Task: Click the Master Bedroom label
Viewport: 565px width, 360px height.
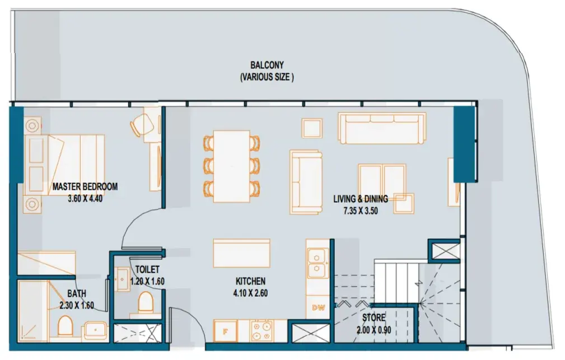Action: point(85,186)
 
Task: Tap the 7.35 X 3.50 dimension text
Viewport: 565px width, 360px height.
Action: point(361,211)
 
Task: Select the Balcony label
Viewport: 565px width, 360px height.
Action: point(267,65)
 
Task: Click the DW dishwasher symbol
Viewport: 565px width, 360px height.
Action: point(318,307)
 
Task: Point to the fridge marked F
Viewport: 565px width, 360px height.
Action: point(225,331)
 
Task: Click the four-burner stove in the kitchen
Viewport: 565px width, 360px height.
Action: point(262,331)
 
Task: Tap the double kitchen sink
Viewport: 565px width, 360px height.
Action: point(317,264)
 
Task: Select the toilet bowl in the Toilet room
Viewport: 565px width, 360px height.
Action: point(146,301)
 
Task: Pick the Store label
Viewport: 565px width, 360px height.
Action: point(373,318)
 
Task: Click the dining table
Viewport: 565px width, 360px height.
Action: point(232,166)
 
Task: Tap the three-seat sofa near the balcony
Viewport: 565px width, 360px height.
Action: point(381,128)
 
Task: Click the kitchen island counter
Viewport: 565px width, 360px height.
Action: point(241,253)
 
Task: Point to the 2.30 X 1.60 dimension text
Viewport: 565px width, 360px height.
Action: point(77,306)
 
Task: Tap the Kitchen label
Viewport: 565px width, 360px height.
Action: point(250,281)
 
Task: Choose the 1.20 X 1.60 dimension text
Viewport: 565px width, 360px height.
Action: point(147,282)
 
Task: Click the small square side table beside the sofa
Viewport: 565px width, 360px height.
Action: point(312,128)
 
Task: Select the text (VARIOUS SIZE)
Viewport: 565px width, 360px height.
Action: point(267,77)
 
